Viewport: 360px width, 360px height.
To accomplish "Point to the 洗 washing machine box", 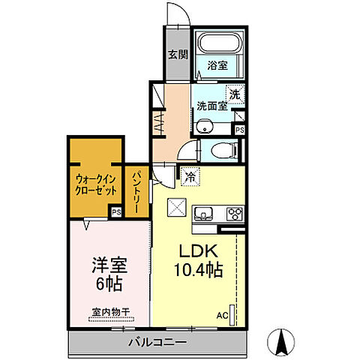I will (x=235, y=94).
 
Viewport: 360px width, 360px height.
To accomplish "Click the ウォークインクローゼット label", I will (x=94, y=184).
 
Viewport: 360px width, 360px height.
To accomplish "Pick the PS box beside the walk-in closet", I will (x=115, y=212).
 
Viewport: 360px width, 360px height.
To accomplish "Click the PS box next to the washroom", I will (x=239, y=129).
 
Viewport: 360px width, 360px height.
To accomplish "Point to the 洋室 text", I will (x=109, y=266).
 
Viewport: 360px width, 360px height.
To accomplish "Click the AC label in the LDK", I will (x=221, y=315).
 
